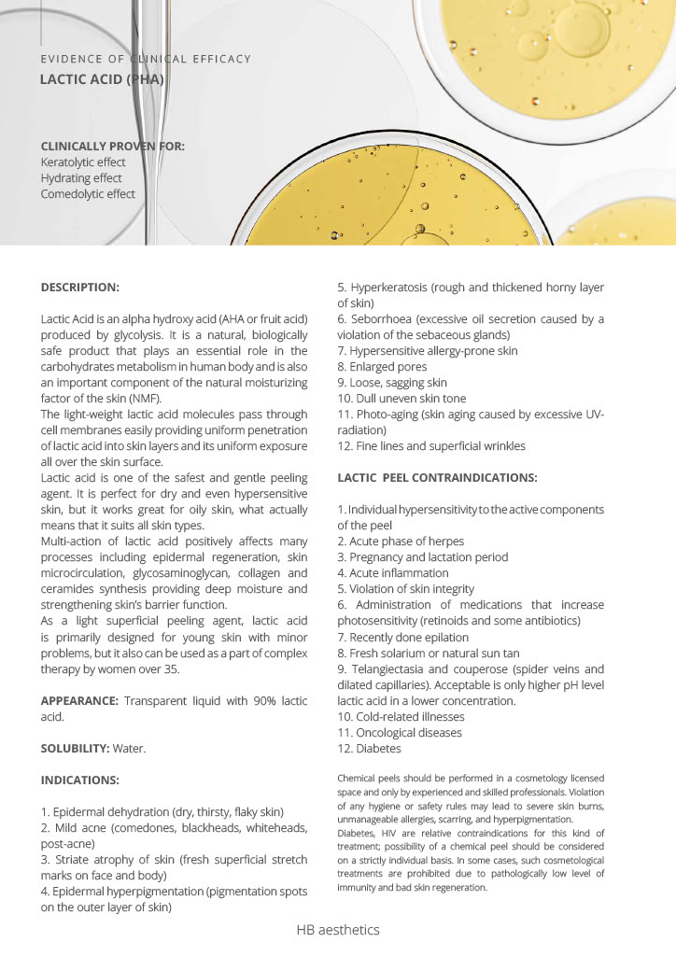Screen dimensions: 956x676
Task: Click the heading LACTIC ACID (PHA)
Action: [x=102, y=79]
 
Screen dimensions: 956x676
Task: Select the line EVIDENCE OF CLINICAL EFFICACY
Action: [x=146, y=59]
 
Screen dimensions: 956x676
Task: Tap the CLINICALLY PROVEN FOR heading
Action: [x=112, y=146]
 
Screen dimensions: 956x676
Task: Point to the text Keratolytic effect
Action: [x=83, y=162]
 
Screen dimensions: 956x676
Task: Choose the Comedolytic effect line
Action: [x=88, y=194]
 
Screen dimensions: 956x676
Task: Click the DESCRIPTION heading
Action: [x=80, y=287]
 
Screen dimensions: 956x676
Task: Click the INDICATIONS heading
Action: [x=78, y=780]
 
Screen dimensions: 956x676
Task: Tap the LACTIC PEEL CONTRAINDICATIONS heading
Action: [x=437, y=478]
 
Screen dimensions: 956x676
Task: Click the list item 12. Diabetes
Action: [x=369, y=749]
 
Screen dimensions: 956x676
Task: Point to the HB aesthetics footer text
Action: [x=338, y=930]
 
